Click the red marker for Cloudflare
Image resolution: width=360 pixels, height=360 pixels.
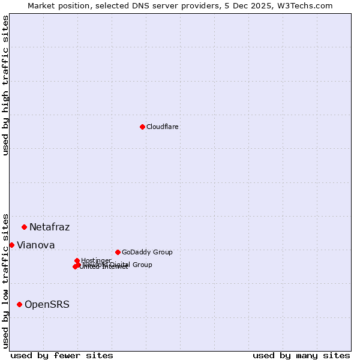point(142,127)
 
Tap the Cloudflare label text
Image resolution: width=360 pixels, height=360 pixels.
point(163,127)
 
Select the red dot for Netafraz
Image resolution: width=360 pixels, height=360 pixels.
point(25,227)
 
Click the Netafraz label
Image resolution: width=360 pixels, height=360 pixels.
point(50,227)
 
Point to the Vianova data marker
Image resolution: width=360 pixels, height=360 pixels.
point(12,245)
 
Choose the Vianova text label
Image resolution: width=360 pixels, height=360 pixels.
point(36,245)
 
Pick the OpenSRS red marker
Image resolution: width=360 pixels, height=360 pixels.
point(20,304)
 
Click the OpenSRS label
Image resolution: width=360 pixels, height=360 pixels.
point(47,305)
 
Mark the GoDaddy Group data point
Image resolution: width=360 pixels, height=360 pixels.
point(118,252)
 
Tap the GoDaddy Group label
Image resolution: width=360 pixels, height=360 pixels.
point(147,253)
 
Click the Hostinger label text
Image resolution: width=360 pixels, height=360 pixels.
point(96,260)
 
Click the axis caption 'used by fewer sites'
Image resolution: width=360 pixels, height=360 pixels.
point(62,355)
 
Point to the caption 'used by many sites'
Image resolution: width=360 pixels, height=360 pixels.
point(301,355)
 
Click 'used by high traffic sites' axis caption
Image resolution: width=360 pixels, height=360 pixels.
point(6,85)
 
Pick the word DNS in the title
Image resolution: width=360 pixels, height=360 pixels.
point(136,6)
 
